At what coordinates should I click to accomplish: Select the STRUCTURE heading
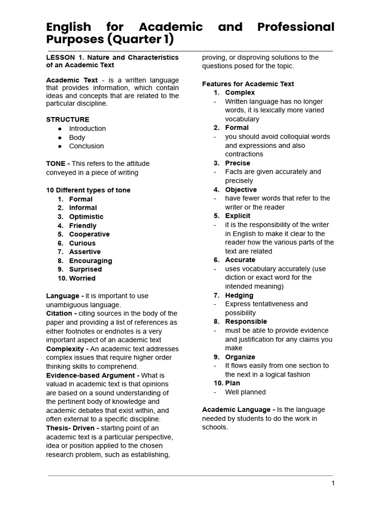68,120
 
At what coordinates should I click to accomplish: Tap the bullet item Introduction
87,128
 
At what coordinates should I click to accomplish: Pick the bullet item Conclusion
86,146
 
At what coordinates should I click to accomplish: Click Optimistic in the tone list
86,217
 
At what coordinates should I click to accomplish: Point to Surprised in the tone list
85,269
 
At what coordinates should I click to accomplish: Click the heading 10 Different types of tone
88,190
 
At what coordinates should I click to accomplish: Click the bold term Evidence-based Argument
93,375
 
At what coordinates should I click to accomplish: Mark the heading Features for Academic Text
248,84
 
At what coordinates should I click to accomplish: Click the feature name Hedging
239,295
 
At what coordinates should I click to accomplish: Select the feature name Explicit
238,216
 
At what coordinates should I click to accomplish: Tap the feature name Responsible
246,321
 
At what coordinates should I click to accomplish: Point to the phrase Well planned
245,392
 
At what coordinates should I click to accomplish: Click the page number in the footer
333,483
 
